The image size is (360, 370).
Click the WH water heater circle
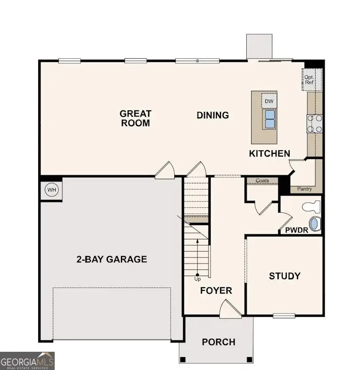(x=52, y=190)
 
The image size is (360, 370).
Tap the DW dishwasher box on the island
(x=268, y=101)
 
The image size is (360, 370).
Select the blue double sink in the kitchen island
(x=269, y=119)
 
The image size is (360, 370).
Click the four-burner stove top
(x=315, y=123)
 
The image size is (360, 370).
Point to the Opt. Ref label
(x=309, y=80)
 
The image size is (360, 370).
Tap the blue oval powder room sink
(x=314, y=224)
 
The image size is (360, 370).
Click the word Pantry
(x=304, y=189)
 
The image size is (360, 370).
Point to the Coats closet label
(x=262, y=181)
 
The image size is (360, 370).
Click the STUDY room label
(x=284, y=276)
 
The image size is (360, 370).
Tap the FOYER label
(x=216, y=290)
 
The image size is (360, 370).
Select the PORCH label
(x=219, y=342)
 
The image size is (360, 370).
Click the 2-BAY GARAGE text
(x=112, y=259)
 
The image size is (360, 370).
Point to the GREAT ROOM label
(x=136, y=118)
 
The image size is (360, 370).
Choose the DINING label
(x=212, y=115)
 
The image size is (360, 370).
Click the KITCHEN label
(x=269, y=153)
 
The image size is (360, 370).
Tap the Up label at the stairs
(x=197, y=279)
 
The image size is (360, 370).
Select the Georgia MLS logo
(x=27, y=361)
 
